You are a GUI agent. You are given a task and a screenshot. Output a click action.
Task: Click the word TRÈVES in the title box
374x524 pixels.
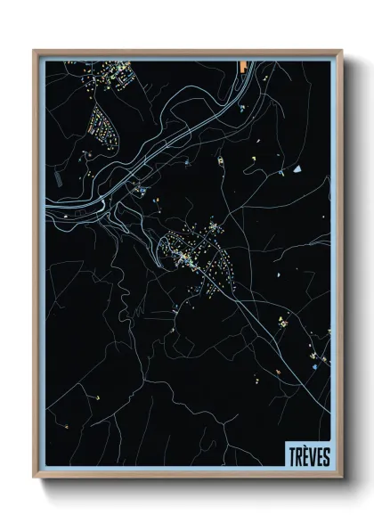pos(308,456)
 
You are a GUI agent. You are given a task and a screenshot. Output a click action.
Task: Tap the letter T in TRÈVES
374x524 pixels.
pos(291,456)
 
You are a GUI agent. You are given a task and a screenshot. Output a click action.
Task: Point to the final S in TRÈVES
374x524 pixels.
pos(326,456)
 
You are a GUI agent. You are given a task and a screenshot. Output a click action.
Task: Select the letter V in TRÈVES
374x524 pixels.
pos(312,456)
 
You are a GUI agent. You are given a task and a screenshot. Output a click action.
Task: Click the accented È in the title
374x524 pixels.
pos(305,455)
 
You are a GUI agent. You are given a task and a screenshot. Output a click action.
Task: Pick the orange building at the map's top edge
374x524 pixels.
pos(242,66)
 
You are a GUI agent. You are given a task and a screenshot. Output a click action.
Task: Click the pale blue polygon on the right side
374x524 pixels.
pos(297,167)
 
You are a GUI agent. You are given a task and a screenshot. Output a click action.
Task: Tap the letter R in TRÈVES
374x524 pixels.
pos(297,456)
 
